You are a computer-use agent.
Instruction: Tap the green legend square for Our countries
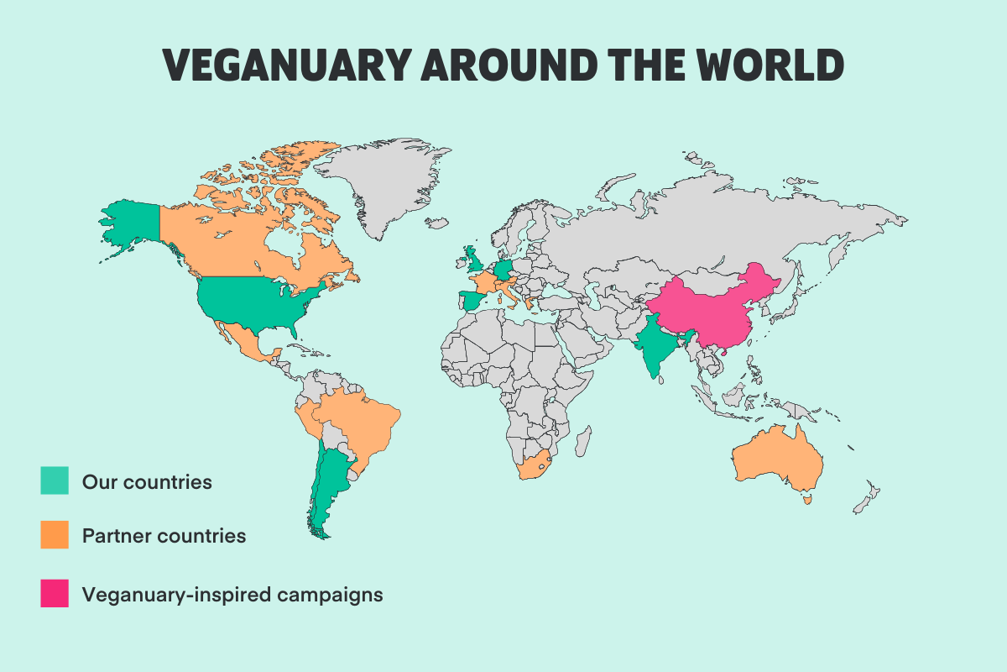pyautogui.click(x=55, y=481)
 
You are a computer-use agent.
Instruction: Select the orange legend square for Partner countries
pyautogui.click(x=55, y=535)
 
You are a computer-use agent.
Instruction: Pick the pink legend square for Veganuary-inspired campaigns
pyautogui.click(x=55, y=594)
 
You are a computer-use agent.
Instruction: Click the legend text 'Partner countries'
pyautogui.click(x=164, y=535)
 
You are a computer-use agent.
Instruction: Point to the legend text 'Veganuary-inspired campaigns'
pyautogui.click(x=232, y=594)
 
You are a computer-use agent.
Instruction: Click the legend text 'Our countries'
pyautogui.click(x=147, y=482)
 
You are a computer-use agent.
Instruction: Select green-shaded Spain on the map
pyautogui.click(x=474, y=300)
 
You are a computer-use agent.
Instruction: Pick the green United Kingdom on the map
pyautogui.click(x=472, y=260)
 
